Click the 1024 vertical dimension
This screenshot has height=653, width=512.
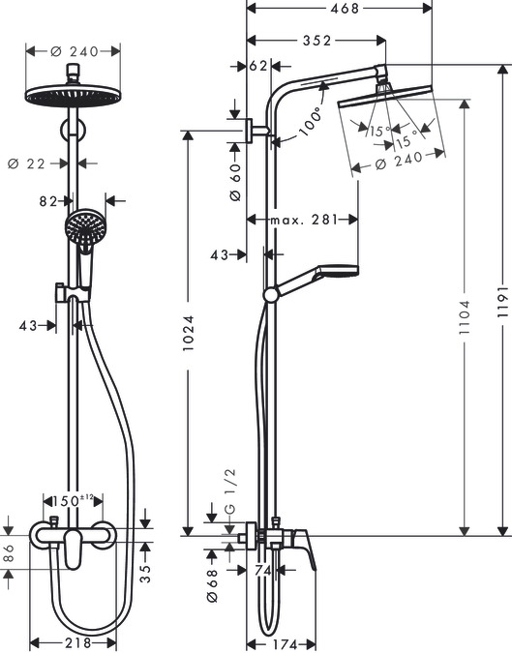191,334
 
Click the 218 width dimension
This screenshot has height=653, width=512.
74,642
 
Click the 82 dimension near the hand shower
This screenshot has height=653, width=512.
50,201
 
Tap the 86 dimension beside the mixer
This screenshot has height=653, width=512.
9,555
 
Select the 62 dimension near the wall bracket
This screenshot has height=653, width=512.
257,67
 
